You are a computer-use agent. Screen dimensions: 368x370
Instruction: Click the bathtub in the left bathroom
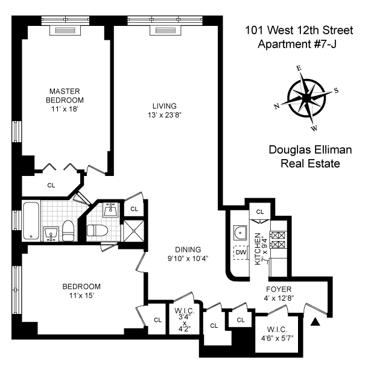click(31, 221)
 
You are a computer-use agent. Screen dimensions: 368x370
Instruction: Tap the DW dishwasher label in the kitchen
click(241, 252)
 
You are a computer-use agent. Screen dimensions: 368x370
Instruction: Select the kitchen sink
click(240, 233)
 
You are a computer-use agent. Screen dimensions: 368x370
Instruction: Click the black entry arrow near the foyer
click(315, 322)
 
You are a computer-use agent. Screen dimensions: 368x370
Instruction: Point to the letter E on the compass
click(299, 69)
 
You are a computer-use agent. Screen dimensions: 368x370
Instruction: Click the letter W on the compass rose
click(314, 128)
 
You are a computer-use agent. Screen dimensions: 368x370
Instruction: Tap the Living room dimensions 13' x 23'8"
click(165, 115)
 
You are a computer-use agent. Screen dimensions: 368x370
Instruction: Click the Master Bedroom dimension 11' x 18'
click(65, 109)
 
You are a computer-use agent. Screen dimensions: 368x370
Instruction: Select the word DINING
click(188, 249)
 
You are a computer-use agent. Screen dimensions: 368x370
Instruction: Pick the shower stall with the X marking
click(134, 231)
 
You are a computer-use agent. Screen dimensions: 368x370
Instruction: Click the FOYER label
click(279, 289)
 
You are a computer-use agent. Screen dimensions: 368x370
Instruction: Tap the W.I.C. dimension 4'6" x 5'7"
click(277, 339)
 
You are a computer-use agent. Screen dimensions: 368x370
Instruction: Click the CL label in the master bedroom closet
click(51, 185)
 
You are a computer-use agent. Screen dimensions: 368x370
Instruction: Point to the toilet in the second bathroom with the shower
click(97, 231)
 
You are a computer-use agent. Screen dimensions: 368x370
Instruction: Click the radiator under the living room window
click(165, 31)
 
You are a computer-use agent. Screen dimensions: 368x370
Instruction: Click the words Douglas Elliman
click(310, 150)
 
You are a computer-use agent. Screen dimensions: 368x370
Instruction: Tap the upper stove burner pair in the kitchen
click(278, 235)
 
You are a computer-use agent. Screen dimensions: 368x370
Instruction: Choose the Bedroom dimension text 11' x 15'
click(81, 295)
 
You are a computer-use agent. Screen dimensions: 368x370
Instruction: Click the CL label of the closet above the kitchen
click(260, 212)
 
